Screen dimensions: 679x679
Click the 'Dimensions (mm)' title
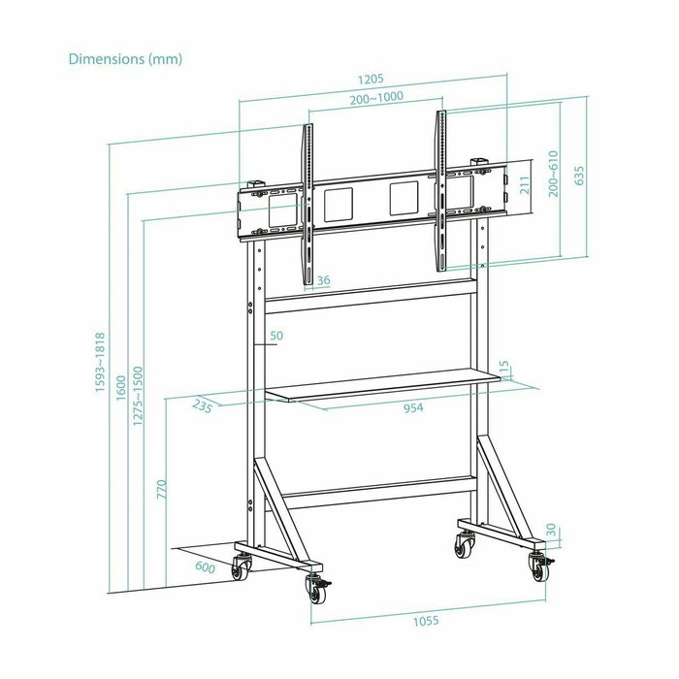[x=125, y=58]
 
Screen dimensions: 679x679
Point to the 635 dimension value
[x=579, y=176]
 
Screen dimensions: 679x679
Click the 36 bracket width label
[x=323, y=280]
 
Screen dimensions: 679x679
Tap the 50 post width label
[x=275, y=336]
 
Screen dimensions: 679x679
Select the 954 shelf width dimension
[x=414, y=408]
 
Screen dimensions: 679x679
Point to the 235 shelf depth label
[x=203, y=406]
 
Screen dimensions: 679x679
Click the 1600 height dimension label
[x=119, y=388]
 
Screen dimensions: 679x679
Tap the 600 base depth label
[x=204, y=567]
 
